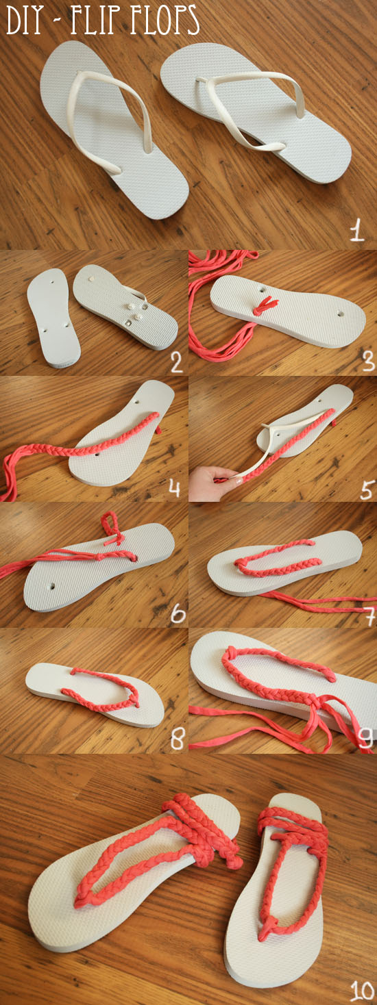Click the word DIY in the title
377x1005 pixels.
tap(25, 21)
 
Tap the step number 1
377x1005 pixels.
tap(357, 230)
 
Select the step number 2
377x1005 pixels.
tap(176, 361)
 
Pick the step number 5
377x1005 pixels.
tap(367, 488)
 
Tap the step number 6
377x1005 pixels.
tap(178, 614)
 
